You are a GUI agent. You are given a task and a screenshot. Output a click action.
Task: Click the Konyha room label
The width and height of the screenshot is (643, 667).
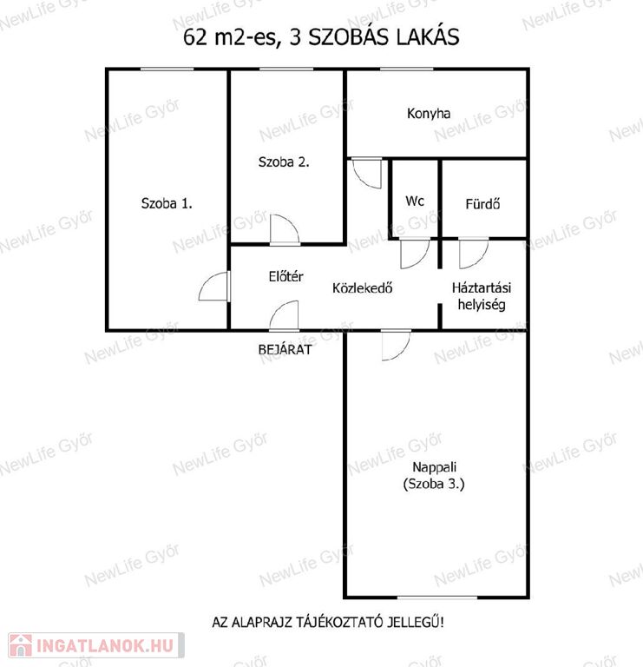[429, 114]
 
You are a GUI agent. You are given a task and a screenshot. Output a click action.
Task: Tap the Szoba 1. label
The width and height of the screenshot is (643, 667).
[167, 203]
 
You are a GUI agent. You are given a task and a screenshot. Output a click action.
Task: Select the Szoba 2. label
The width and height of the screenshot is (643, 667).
[284, 162]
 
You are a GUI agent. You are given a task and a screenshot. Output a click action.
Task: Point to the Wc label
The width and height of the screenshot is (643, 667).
[415, 201]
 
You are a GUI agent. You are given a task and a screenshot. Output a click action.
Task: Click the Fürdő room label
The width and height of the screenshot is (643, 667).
[482, 204]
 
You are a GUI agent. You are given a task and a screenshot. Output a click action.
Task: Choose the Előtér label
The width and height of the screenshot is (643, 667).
[286, 276]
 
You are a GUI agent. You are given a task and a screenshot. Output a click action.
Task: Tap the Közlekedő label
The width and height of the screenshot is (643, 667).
[362, 288]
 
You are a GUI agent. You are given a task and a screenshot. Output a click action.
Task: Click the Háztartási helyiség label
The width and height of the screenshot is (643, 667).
[482, 296]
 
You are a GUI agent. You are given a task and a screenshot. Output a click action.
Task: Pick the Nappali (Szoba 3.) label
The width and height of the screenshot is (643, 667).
[434, 476]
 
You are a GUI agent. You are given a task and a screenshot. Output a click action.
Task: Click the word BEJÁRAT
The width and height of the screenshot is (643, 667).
[285, 350]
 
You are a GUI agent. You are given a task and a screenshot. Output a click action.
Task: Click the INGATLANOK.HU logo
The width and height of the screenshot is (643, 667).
[96, 646]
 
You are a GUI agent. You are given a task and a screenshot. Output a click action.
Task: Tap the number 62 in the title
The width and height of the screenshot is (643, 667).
[195, 37]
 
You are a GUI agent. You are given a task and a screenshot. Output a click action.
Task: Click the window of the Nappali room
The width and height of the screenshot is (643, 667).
[436, 598]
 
